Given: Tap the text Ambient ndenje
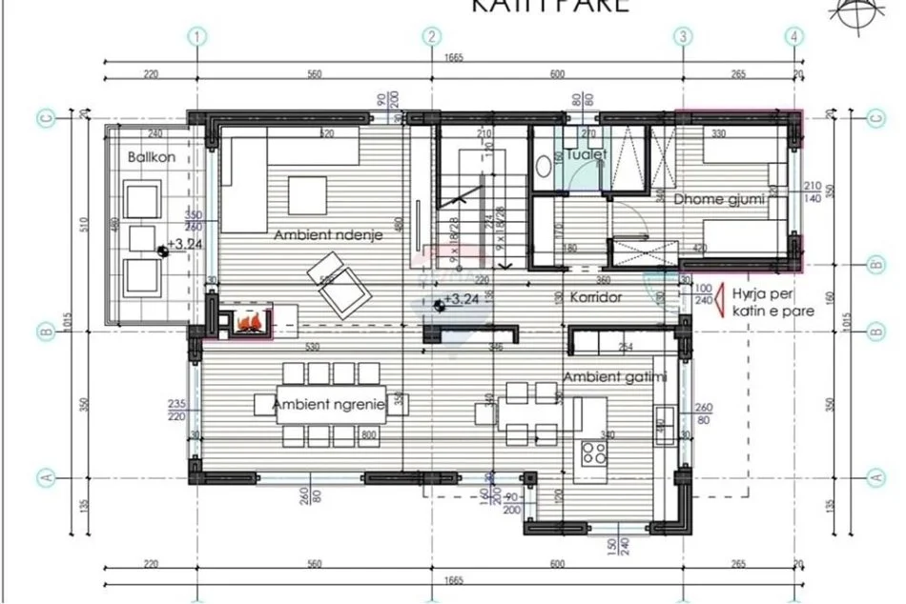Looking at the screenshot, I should [321, 234].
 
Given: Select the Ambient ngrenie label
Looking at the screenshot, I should [329, 405].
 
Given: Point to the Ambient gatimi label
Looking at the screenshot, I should [614, 378].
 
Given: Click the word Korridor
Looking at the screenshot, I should [596, 297].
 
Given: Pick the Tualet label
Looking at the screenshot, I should [586, 153].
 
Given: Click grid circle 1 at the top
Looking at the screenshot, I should [197, 37].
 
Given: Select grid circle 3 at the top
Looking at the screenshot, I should [683, 37].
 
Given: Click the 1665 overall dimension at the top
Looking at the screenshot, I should [454, 59].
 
